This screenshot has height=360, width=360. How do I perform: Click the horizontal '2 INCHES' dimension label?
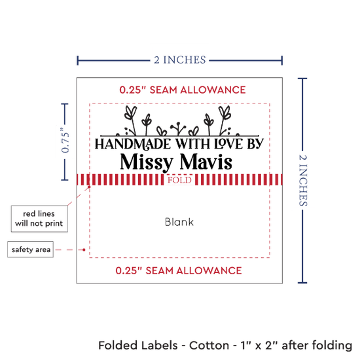pos(180,60)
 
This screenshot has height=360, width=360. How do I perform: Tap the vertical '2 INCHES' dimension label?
pos(303,180)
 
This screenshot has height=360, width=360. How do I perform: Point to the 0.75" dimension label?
pos(65,140)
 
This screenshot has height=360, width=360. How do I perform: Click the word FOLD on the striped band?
pos(179,180)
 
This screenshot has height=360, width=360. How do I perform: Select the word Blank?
pos(179,222)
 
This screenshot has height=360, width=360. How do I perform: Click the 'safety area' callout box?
pos(31,249)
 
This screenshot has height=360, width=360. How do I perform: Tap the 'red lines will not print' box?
pos(39,219)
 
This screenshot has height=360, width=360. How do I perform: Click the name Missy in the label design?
pos(147,162)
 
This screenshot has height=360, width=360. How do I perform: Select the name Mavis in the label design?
pos(206,162)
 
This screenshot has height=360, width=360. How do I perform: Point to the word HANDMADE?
pos(133,144)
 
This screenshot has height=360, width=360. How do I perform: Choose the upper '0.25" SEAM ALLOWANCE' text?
pos(183,90)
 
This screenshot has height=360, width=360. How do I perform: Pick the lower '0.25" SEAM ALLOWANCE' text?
pos(179,270)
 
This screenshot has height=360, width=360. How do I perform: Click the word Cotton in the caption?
pos(209,346)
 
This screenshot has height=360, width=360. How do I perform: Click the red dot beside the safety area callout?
pos(84,249)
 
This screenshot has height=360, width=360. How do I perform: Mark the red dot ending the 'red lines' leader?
pos(89,187)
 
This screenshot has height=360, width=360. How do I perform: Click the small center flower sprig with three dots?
pos(178,128)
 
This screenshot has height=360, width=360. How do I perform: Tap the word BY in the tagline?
pos(255,144)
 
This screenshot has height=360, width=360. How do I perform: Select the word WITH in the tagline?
pos(192,144)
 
